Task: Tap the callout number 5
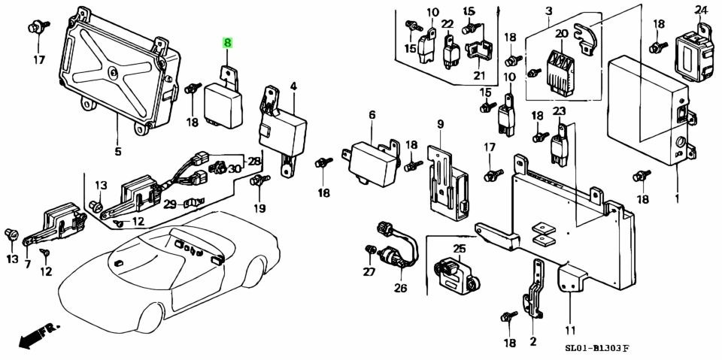pos(117,152)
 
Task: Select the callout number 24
pos(701,10)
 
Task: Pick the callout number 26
pos(399,287)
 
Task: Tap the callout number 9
pos(441,123)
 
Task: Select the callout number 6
pos(372,114)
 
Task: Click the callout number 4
pos(293,86)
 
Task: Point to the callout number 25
pos(459,249)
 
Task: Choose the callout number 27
pos(369,272)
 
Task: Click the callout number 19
pos(259,208)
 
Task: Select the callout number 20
pos(562,33)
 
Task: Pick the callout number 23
pos(559,111)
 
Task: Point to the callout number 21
pos(479,75)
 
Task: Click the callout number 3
pos(548,11)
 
